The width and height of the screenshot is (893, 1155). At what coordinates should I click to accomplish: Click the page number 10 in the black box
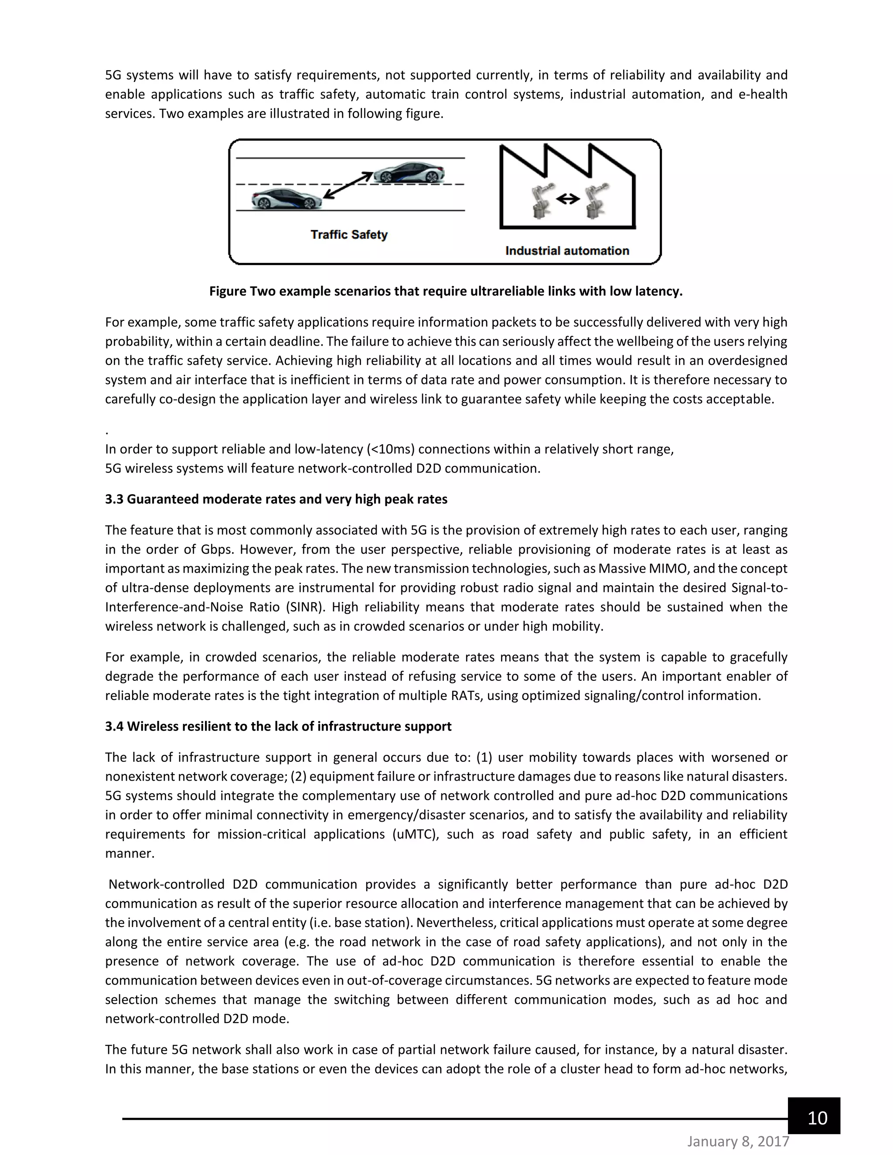coord(818,1118)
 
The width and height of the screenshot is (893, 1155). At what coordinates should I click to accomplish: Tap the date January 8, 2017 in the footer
coord(738,1142)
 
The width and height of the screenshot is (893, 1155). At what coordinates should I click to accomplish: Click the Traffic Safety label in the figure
coord(349,234)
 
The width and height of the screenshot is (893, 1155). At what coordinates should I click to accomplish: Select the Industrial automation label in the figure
coord(567,251)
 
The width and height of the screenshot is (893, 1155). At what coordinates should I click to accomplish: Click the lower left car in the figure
coord(286,199)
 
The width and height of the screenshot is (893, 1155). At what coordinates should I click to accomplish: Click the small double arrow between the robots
coord(568,199)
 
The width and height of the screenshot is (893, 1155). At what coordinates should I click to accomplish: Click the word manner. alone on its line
coord(130,853)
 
